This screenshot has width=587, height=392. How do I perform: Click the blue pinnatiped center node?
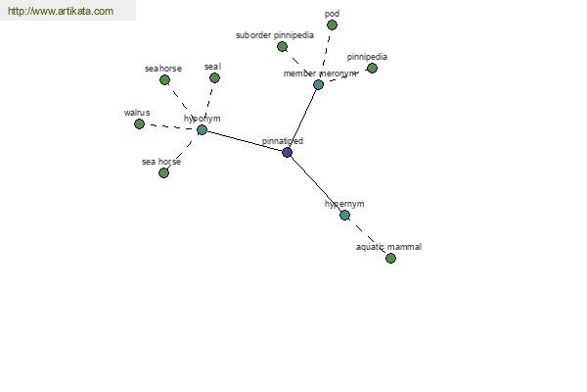pos(287,152)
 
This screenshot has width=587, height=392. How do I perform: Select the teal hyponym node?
pos(202,129)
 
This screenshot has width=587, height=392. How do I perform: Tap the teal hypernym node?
pos(344,215)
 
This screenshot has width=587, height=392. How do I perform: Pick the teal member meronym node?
pos(318,85)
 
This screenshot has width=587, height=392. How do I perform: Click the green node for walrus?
pos(139,123)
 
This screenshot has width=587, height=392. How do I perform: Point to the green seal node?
pos(214,78)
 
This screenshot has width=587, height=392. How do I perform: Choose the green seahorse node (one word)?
pos(164,80)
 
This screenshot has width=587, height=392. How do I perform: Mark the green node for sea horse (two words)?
pos(163,172)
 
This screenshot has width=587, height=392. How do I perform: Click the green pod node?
pos(332,25)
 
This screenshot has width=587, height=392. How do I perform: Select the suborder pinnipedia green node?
pos(283,47)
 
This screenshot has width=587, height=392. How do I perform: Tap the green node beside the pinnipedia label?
pos(372,69)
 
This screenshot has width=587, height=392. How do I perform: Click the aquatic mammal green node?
pos(390,258)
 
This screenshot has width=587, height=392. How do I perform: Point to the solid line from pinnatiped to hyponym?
pos(245,141)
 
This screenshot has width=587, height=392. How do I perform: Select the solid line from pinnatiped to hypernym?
pos(316,184)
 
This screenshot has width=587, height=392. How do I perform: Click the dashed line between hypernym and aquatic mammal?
pos(368,237)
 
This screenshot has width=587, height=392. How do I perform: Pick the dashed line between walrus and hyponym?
pos(170,126)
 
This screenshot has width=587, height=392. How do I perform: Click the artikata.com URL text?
pos(61,11)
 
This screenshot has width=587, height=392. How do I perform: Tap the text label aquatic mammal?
pos(388,247)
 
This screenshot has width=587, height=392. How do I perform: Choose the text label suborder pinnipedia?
pos(275,35)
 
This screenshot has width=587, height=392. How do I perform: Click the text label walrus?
pos(137,113)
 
